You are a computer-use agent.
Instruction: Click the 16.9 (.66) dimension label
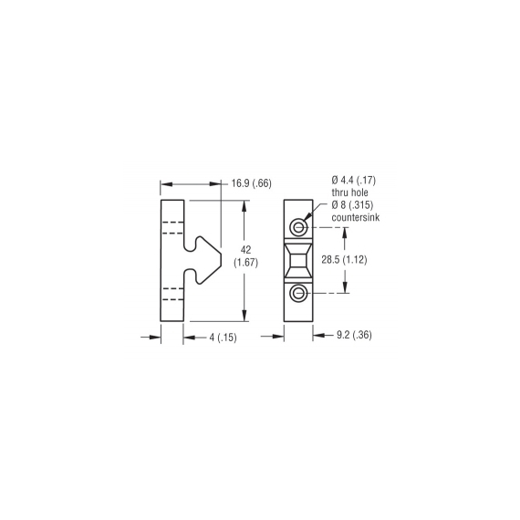[252, 183]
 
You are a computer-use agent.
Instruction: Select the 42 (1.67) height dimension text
[245, 256]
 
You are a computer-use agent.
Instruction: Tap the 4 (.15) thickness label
[223, 338]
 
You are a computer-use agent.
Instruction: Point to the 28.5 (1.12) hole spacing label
[344, 260]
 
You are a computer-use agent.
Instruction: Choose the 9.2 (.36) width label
[354, 335]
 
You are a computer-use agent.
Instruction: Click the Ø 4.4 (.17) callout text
[354, 181]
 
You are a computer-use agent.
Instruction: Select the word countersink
[356, 217]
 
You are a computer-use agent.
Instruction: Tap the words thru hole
[350, 192]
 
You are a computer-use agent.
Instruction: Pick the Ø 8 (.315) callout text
[352, 205]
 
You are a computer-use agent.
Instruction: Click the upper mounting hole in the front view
[298, 227]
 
